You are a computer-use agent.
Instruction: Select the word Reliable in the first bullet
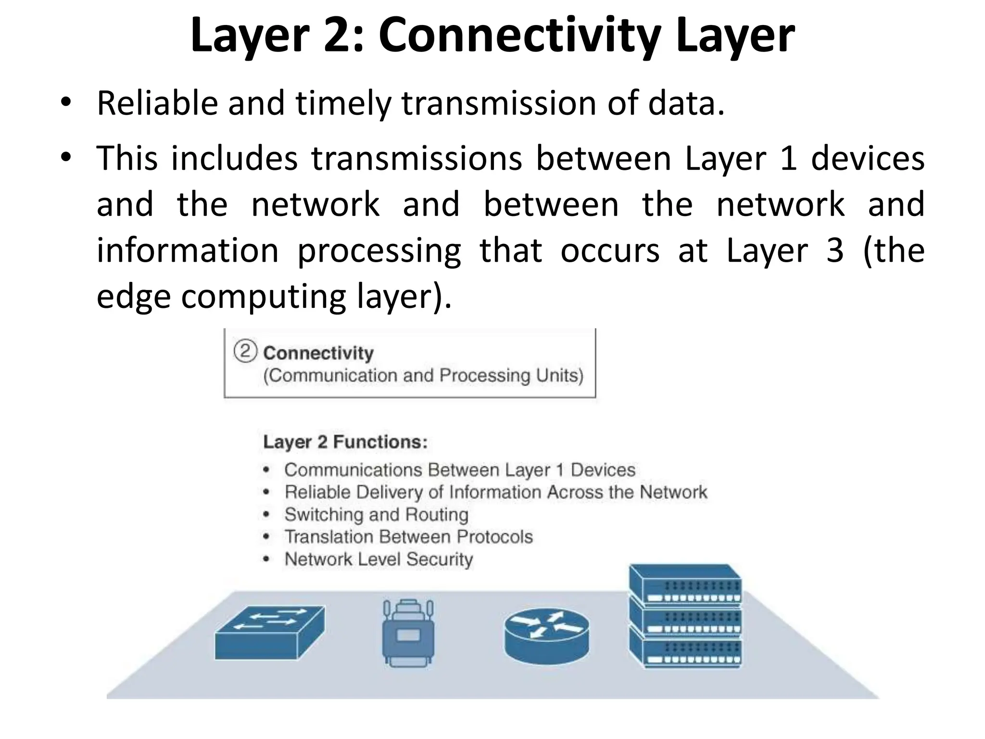pyautogui.click(x=157, y=103)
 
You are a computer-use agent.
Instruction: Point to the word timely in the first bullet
pyautogui.click(x=343, y=103)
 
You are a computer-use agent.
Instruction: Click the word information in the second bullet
pyautogui.click(x=188, y=251)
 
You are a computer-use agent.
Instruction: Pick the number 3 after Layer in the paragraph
pyautogui.click(x=835, y=251)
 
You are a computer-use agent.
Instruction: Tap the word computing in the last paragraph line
pyautogui.click(x=264, y=296)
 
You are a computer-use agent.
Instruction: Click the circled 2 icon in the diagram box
pyautogui.click(x=245, y=351)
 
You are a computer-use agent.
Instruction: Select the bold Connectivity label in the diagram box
pyautogui.click(x=318, y=353)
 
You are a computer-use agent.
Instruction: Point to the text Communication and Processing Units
pyautogui.click(x=423, y=375)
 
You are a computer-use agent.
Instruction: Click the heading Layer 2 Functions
pyautogui.click(x=345, y=442)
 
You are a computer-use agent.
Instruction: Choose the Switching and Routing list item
pyautogui.click(x=376, y=515)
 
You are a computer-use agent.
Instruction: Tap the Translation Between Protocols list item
pyautogui.click(x=408, y=537)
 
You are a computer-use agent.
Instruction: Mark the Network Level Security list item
pyautogui.click(x=379, y=560)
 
